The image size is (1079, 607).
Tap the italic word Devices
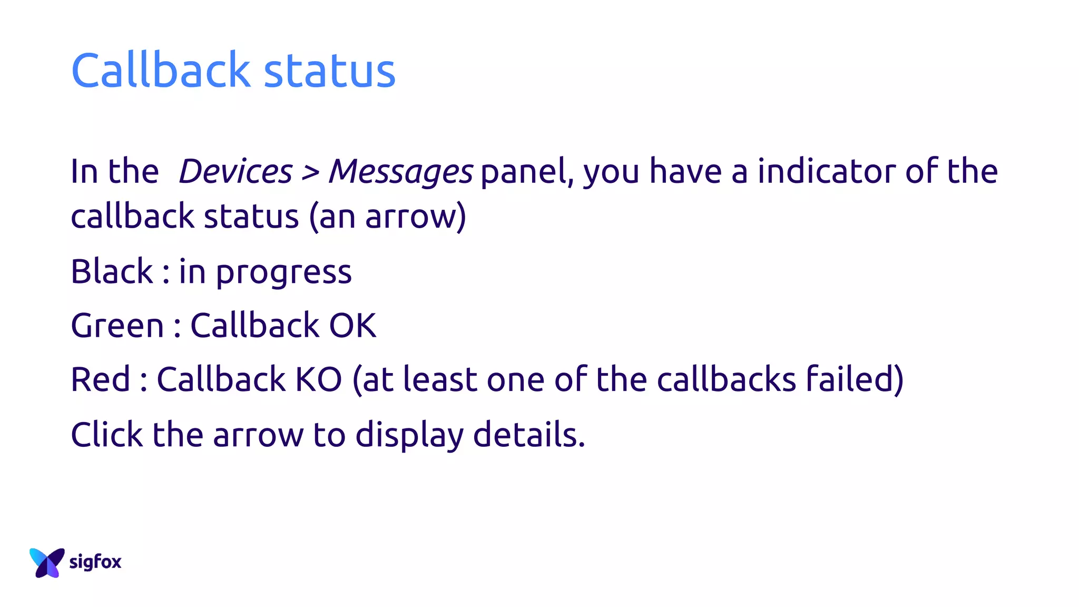coord(235,171)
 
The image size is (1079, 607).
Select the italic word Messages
coord(400,172)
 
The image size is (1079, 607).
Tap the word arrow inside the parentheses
coord(411,217)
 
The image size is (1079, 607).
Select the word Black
coord(112,272)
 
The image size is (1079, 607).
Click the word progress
coord(283,273)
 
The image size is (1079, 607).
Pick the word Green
coord(117,326)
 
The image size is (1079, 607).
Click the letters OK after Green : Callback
coord(352,326)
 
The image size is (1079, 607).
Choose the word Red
coord(100,379)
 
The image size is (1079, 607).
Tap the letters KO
coord(318,379)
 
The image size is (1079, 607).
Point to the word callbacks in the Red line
coord(726,379)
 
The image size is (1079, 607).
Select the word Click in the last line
coord(106,435)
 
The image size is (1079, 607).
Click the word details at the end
coord(528,435)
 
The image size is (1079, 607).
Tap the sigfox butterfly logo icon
coord(47,562)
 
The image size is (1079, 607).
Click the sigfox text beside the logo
coord(95,562)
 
